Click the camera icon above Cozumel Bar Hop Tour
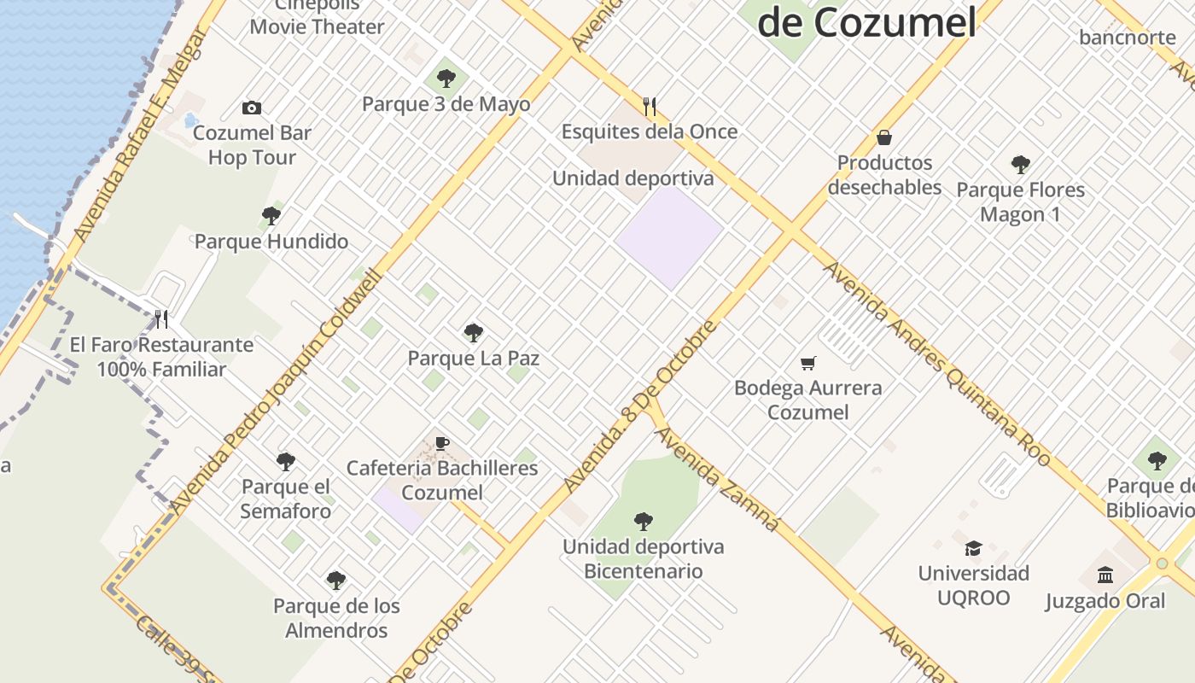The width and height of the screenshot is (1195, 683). (251, 108)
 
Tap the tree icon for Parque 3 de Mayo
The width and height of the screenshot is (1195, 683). (446, 79)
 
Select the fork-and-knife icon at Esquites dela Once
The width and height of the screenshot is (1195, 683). (650, 107)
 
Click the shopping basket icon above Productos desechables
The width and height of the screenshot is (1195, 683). (884, 137)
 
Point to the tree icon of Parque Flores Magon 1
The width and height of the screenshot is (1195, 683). (1020, 165)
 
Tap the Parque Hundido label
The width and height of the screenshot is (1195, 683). (271, 242)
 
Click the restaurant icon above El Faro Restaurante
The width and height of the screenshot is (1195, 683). (161, 319)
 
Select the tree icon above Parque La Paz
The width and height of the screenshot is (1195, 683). (473, 333)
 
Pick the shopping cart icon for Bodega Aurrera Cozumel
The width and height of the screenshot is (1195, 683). (808, 364)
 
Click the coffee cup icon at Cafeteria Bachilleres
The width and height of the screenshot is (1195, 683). (442, 443)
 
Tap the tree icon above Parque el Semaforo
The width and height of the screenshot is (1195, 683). (286, 462)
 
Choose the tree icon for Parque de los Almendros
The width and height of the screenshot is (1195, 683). (336, 581)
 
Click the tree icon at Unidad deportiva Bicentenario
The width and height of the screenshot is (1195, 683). (644, 522)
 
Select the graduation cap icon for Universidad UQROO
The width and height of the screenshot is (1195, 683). (973, 548)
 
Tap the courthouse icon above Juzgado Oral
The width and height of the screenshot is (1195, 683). (1105, 575)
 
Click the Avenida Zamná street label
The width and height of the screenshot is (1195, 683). (717, 479)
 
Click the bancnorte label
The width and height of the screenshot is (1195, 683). (1127, 37)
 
